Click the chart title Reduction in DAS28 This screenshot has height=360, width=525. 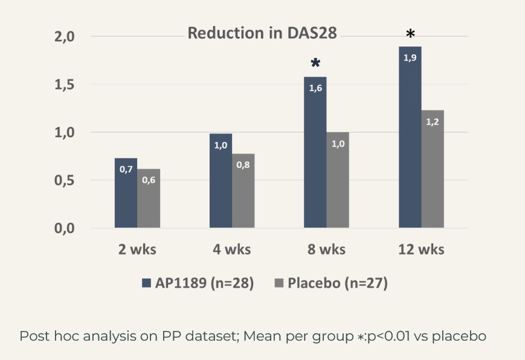pos(262,33)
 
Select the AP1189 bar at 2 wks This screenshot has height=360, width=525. pos(126,193)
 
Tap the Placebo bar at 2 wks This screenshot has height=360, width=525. pos(149,199)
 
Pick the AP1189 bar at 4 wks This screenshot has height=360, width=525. pos(221,181)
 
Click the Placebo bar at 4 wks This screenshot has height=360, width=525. pos(243,191)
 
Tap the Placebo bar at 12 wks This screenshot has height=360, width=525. pos(433,169)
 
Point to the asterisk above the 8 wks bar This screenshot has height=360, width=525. pos(315,64)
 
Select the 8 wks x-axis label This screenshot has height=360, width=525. pos(326,249)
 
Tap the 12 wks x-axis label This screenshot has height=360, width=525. pos(421,249)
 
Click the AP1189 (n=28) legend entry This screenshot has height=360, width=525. pos(198,283)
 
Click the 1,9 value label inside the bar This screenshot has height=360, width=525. pos(410,58)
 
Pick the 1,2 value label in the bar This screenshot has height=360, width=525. pos(433,121)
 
